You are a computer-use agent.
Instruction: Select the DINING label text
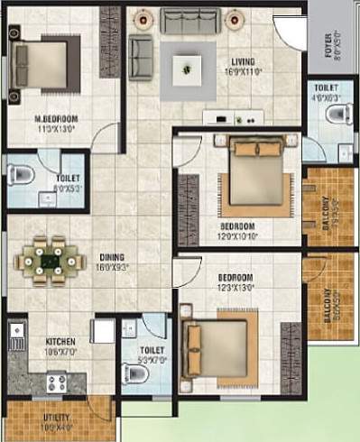[x=112, y=256]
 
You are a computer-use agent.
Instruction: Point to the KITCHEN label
[x=60, y=342]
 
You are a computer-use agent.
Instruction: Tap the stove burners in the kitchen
[x=51, y=382]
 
